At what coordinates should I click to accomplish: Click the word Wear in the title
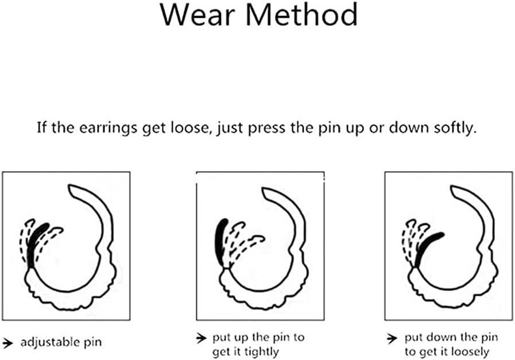tap(198, 15)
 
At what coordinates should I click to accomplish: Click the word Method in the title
tap(301, 15)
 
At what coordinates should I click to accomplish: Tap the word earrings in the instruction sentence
tap(108, 127)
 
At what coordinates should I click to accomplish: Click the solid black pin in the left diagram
tap(37, 245)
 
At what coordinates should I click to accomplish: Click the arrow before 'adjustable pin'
tap(7, 343)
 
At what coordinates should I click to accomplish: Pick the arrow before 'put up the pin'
tap(201, 338)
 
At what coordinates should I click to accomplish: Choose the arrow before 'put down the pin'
tap(392, 338)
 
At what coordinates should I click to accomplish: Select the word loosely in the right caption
tap(470, 353)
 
